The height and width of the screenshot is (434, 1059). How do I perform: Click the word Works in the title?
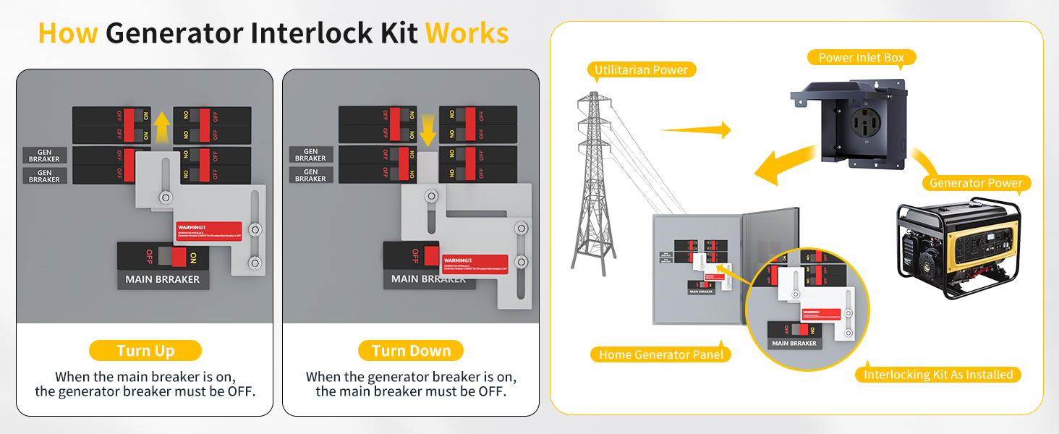click(467, 33)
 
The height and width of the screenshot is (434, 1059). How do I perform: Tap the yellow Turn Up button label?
click(145, 352)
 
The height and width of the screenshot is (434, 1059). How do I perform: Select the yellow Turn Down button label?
click(411, 352)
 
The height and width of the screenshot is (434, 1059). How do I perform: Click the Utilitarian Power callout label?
click(642, 70)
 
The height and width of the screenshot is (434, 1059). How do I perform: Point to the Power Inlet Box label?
click(861, 58)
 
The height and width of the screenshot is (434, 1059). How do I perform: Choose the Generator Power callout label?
click(976, 183)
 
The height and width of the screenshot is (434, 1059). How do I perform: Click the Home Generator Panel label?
click(661, 354)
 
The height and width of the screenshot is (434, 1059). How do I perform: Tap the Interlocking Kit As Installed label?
click(938, 375)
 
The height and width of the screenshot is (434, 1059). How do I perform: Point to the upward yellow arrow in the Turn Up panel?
click(161, 128)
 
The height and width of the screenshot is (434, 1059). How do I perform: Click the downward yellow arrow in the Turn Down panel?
click(428, 128)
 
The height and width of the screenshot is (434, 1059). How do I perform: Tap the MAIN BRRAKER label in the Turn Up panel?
click(163, 279)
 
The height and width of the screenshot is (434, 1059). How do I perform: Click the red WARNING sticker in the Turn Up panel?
click(208, 231)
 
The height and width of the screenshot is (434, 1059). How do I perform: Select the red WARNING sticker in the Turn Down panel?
click(475, 265)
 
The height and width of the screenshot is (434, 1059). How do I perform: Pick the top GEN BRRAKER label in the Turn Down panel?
click(310, 155)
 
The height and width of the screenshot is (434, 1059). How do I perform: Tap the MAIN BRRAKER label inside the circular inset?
click(794, 344)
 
